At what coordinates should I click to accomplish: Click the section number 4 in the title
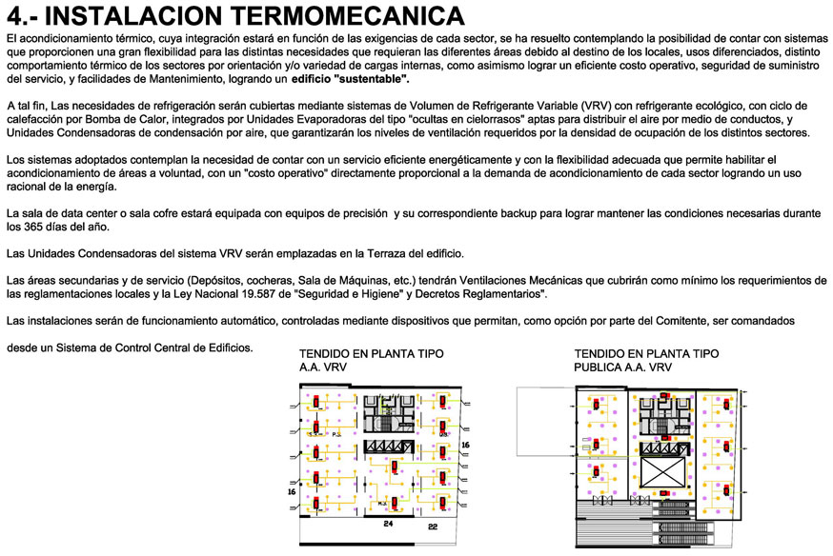(14, 16)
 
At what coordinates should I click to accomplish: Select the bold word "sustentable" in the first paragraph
(368, 80)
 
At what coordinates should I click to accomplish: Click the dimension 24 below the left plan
(388, 524)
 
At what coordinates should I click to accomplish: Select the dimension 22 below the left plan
(432, 526)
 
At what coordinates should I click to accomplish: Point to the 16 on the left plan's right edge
(465, 444)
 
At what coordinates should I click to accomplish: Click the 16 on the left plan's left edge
(293, 492)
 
